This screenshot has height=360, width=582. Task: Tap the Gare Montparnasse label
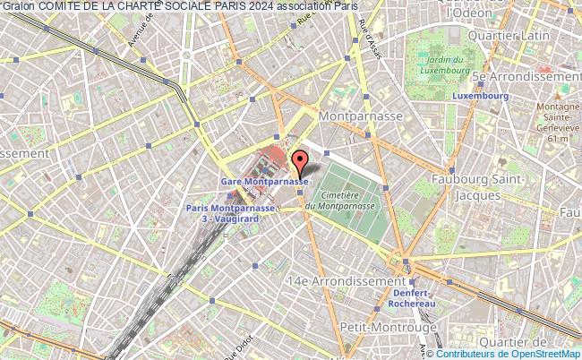point(264,181)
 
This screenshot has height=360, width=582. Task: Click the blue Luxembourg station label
point(475,96)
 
